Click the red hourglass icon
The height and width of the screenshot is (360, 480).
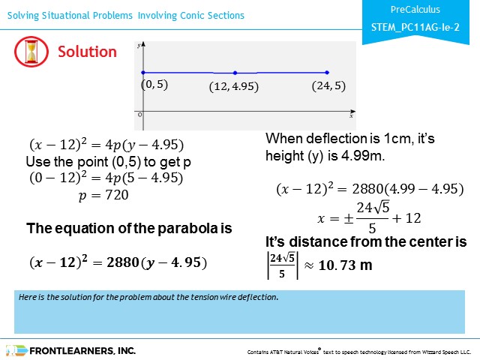click(31, 52)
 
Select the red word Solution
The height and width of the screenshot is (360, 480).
click(87, 52)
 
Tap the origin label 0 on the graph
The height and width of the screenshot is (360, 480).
click(140, 115)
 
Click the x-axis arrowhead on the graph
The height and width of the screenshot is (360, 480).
click(353, 112)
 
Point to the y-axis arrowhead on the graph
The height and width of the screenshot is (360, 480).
click(143, 44)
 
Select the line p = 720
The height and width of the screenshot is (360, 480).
click(103, 195)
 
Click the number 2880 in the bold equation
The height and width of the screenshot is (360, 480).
click(123, 262)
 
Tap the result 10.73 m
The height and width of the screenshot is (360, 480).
click(345, 265)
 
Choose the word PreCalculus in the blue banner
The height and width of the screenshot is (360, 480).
click(415, 10)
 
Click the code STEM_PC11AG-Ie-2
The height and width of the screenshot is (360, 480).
click(415, 27)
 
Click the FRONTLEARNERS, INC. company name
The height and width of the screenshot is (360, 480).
click(82, 351)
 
